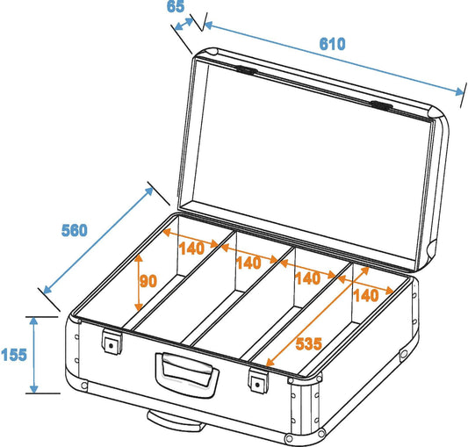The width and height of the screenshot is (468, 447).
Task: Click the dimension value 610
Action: pyautogui.click(x=332, y=44)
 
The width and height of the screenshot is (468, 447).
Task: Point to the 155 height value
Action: pyautogui.click(x=13, y=356)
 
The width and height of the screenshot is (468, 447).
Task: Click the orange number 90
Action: pyautogui.click(x=148, y=282)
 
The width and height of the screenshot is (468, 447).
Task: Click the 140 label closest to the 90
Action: pyautogui.click(x=191, y=249)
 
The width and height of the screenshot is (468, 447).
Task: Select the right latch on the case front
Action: pyautogui.click(x=257, y=382)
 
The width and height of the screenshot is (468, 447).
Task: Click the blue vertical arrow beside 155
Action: pyautogui.click(x=34, y=355)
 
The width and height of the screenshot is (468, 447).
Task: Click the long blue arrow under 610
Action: pyautogui.click(x=334, y=58)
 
